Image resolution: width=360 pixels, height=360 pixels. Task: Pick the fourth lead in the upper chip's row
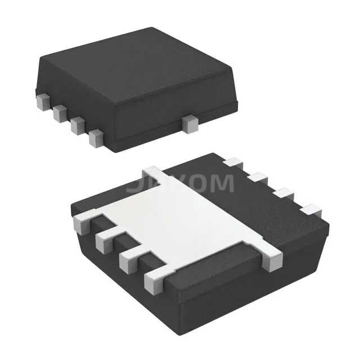pos(96,137)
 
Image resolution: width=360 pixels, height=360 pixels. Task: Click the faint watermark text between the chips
pos(180,183)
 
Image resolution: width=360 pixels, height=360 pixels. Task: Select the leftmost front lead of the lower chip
pos(83,223)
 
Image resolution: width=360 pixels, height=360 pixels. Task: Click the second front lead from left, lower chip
pos(105,241)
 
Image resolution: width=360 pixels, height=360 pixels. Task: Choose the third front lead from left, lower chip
pos(129,260)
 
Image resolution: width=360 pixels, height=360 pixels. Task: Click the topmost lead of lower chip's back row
pos(232,163)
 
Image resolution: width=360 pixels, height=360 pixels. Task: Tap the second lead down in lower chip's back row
pos(258,178)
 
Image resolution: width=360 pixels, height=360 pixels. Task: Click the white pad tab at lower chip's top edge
pos(152,172)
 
